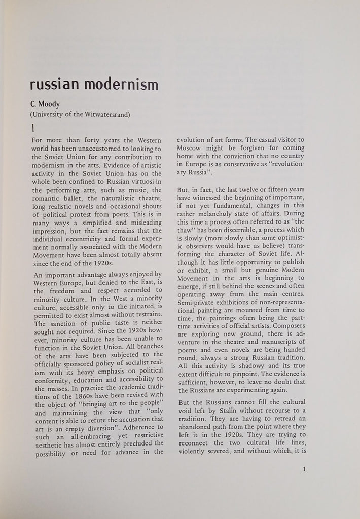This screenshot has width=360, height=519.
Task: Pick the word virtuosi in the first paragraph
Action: pyautogui.click(x=146, y=181)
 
